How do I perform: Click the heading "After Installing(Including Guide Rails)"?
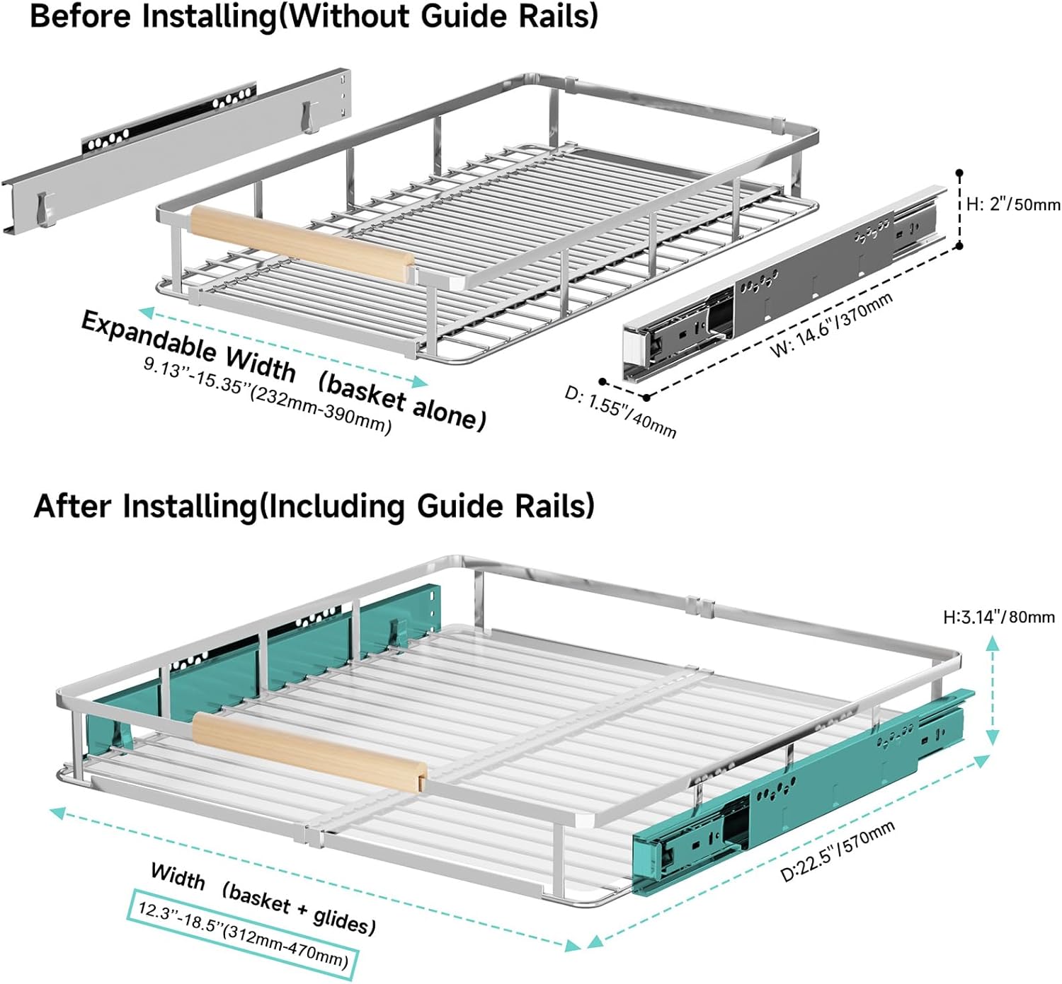tap(314, 507)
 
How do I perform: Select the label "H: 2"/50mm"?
tap(1013, 205)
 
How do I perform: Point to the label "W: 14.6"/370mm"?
tap(831, 325)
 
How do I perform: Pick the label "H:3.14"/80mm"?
tap(998, 617)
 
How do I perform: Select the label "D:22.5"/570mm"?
tap(838, 851)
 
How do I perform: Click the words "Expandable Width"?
tap(188, 345)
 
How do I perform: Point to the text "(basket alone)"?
tap(401, 400)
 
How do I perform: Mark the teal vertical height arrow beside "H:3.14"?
tap(993, 690)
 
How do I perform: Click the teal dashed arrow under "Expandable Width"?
tap(283, 347)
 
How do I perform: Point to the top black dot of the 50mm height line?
tap(959, 173)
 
